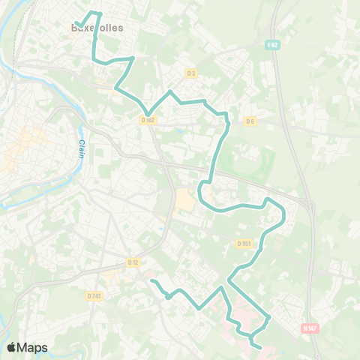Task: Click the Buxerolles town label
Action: click(x=96, y=28)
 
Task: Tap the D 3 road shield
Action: click(x=190, y=73)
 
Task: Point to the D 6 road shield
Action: click(x=250, y=120)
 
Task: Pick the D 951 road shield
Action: click(x=244, y=243)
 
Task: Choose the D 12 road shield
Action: click(x=133, y=262)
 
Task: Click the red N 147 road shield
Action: click(x=309, y=328)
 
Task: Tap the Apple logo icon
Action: click(x=11, y=347)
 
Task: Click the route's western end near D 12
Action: click(x=152, y=281)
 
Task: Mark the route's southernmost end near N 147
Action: click(x=260, y=347)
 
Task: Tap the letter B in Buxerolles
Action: click(x=73, y=28)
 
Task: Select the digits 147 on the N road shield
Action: click(x=312, y=328)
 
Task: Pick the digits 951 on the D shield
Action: click(x=247, y=243)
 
